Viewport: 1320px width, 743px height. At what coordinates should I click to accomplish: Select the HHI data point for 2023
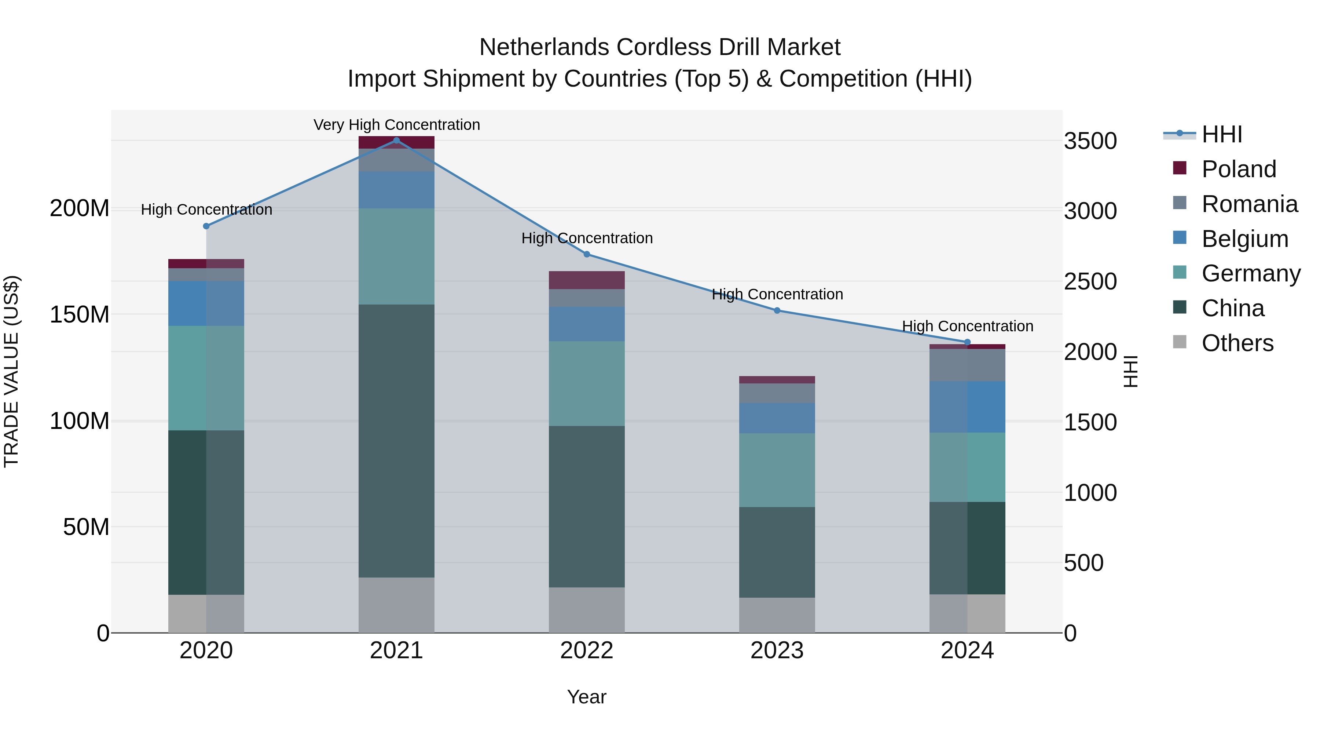777,310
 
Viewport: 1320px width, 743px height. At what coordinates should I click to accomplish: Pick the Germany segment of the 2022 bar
587,383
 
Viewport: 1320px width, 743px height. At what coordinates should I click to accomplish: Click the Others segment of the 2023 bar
777,615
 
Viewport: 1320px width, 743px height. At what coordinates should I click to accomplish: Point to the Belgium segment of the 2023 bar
777,418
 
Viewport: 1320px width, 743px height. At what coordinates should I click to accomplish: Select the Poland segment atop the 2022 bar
587,280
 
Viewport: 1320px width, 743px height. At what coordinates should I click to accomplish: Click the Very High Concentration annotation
397,125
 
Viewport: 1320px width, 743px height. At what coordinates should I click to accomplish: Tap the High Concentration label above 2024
968,326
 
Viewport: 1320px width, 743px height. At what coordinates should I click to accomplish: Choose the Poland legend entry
1239,169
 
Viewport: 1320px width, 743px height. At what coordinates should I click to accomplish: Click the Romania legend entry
1249,204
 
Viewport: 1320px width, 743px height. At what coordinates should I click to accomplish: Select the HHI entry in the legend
1222,134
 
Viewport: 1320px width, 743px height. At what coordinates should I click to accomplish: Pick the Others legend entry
1237,343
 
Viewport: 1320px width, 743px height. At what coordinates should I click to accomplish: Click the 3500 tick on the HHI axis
1090,141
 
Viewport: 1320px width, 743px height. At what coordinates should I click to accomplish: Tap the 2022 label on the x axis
587,651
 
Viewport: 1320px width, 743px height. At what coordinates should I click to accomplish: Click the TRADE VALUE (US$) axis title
11,371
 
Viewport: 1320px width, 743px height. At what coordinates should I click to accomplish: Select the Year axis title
587,697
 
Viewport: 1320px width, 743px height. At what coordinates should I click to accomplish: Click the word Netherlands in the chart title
544,47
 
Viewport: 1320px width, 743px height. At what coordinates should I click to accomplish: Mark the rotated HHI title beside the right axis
1130,371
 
